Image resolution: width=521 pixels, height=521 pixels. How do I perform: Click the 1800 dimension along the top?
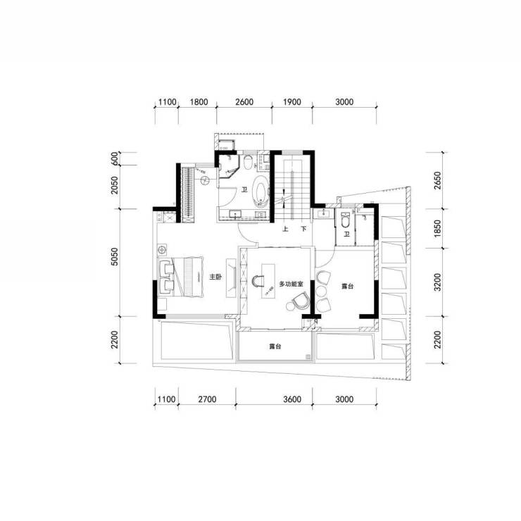point(199,101)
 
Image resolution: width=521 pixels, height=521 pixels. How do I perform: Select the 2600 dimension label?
point(244,101)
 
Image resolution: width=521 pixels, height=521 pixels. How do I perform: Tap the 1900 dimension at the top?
point(292,101)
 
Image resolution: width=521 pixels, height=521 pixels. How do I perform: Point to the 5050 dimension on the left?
point(114,256)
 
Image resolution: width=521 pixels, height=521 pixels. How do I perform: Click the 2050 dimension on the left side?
point(114,185)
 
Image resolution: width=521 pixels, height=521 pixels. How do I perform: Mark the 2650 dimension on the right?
point(438,180)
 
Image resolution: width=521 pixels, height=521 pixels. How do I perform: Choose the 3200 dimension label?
point(438,282)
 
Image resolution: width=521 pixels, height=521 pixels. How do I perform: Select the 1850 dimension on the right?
point(438,228)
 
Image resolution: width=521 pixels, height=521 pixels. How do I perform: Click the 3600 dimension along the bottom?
point(292,398)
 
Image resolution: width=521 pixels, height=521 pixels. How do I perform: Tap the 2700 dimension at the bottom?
point(207,398)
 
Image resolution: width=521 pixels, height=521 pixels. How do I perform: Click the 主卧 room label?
point(215,277)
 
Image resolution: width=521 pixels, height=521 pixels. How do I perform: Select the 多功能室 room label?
point(291,284)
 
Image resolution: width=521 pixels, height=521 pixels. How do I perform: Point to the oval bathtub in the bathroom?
point(260,189)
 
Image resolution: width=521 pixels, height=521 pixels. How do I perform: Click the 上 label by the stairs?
point(285,229)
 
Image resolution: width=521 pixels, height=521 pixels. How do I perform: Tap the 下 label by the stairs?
point(303,229)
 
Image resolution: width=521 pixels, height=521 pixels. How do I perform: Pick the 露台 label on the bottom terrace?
point(275,346)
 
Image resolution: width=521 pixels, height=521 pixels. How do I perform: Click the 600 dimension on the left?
point(114,158)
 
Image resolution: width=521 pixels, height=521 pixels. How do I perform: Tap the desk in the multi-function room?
point(268,281)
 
